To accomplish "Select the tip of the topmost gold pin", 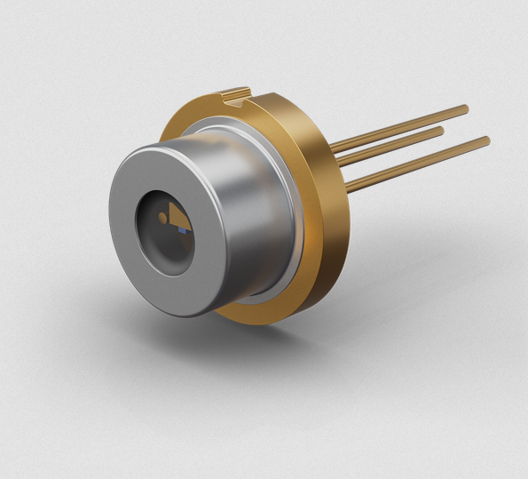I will [464, 109].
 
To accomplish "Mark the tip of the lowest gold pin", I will [485, 140].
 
